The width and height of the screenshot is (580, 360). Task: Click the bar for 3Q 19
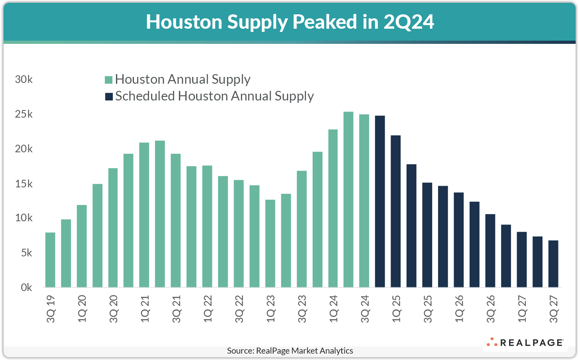click(x=50, y=260)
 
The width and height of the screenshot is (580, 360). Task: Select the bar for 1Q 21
click(x=144, y=215)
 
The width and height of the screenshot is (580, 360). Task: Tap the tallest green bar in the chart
click(x=348, y=199)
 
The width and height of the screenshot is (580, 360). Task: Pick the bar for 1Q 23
click(x=270, y=243)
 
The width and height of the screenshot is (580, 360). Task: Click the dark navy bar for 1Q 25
click(x=396, y=211)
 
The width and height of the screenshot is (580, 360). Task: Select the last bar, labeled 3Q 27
click(x=553, y=264)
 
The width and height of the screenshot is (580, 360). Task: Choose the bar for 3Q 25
click(x=427, y=235)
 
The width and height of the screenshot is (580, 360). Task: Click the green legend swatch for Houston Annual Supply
click(x=108, y=80)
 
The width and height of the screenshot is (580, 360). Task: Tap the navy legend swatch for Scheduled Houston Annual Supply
click(x=109, y=96)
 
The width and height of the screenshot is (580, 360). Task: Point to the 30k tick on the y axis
click(x=24, y=79)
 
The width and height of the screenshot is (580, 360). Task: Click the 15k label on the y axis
click(x=24, y=184)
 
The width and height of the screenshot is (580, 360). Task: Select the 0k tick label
click(x=26, y=287)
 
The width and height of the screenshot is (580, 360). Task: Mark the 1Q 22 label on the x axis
click(x=208, y=309)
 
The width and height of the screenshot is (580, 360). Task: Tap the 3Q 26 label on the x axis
click(x=491, y=309)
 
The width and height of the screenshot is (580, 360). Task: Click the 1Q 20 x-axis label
click(x=82, y=309)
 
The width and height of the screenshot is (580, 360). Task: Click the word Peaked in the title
click(x=324, y=22)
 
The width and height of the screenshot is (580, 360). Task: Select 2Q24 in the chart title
click(x=409, y=22)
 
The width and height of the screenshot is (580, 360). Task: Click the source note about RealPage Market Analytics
click(x=290, y=351)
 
